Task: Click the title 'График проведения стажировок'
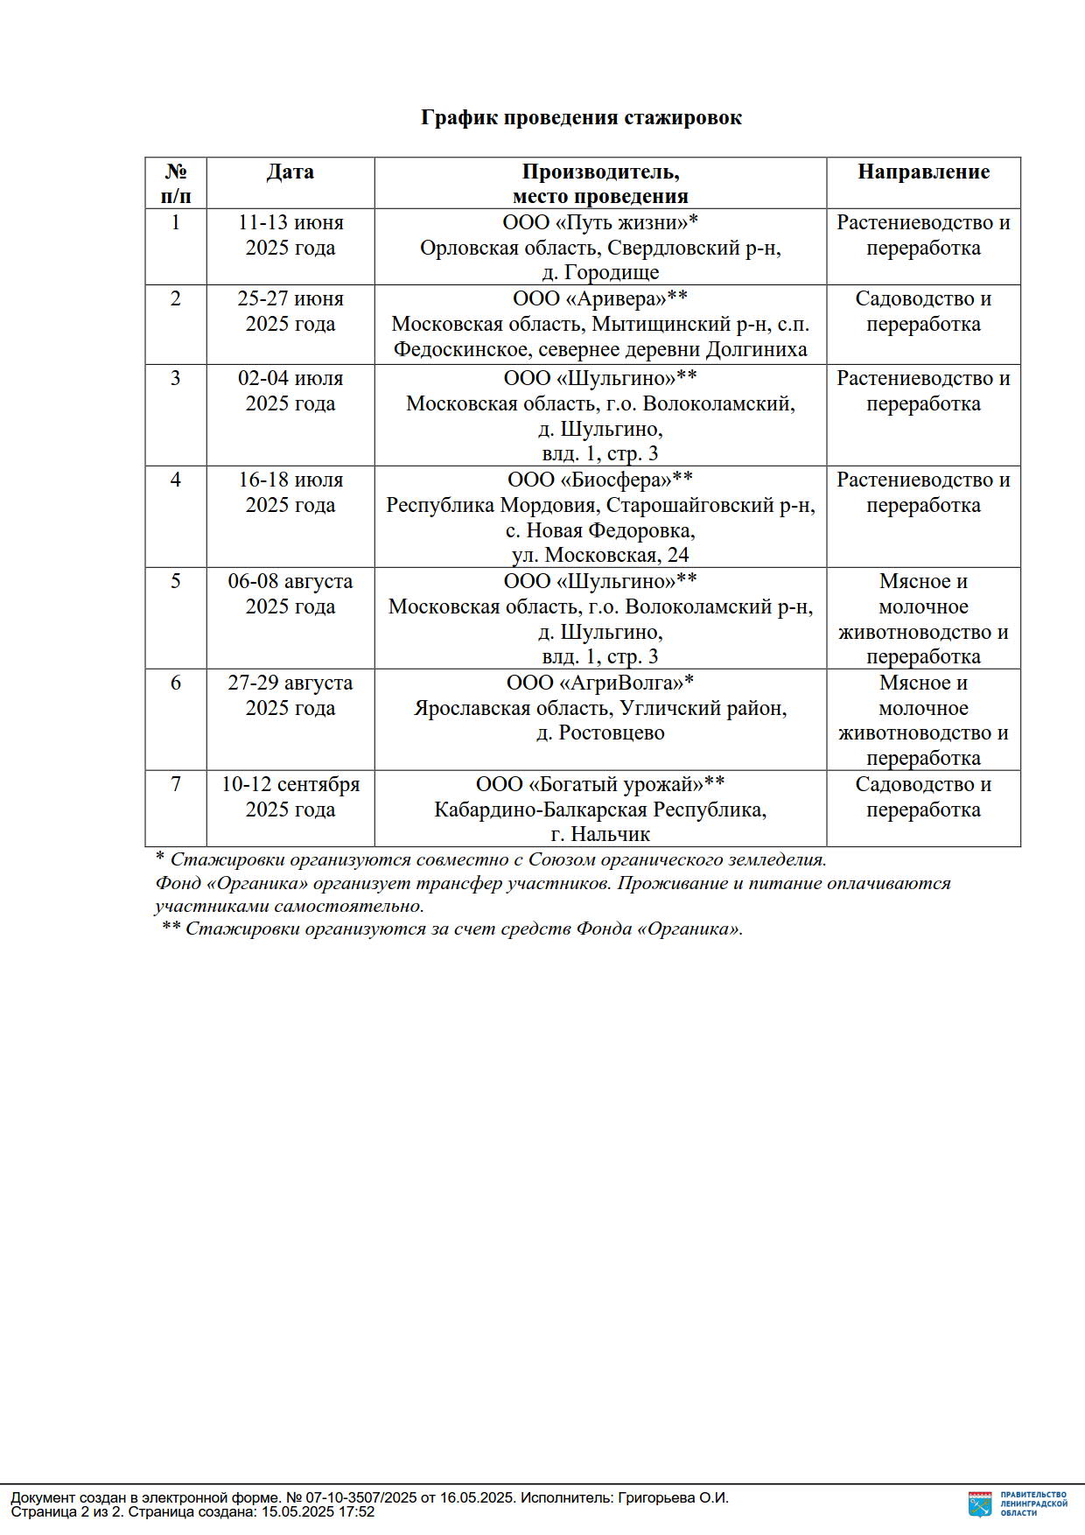point(581,117)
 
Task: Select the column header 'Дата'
point(290,172)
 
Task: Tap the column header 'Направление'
point(923,172)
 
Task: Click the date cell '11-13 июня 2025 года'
point(290,235)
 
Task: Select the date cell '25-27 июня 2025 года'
point(290,311)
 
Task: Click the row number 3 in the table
point(176,378)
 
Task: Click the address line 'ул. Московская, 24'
point(599,555)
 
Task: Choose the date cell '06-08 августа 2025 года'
point(290,593)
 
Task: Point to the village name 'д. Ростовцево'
point(599,732)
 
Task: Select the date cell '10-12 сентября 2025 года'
point(290,796)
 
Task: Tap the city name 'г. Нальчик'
point(599,834)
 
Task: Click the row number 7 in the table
point(176,784)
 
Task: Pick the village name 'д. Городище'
point(599,272)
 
